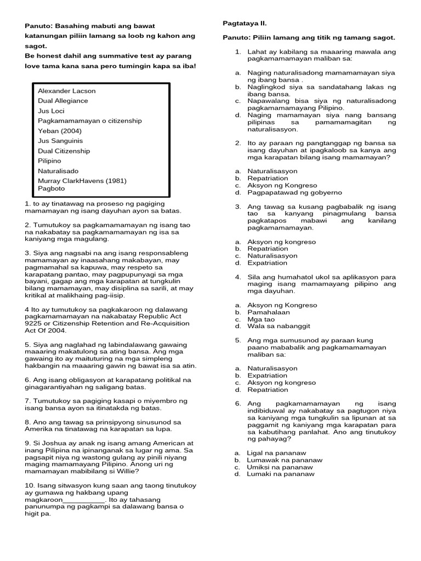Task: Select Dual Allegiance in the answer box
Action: [62, 101]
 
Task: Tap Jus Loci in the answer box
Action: [51, 111]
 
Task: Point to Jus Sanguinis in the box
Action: [60, 141]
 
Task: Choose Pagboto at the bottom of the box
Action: [51, 188]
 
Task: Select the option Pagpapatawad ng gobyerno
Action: [294, 192]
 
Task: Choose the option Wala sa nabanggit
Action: [278, 326]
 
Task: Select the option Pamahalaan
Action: [269, 312]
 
